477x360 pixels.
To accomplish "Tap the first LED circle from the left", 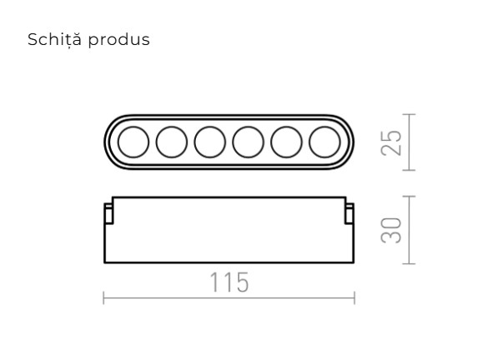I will [132, 142].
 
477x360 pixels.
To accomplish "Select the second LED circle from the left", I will [171, 142].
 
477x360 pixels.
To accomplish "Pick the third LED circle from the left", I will [209, 142].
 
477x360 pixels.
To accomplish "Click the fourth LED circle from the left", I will [248, 142].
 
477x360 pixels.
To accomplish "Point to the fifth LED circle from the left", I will [286, 142].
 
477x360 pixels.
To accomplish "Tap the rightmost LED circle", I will [324, 142].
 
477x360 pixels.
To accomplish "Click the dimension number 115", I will [228, 283].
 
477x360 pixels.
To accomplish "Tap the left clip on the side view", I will [108, 213].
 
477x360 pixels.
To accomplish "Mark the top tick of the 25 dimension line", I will [408, 115].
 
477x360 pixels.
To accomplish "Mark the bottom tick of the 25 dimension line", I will [408, 170].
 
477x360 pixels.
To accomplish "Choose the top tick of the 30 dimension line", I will [408, 197].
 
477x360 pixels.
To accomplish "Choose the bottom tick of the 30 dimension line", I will [408, 263].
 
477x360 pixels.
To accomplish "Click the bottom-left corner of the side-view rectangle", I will [104, 262].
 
